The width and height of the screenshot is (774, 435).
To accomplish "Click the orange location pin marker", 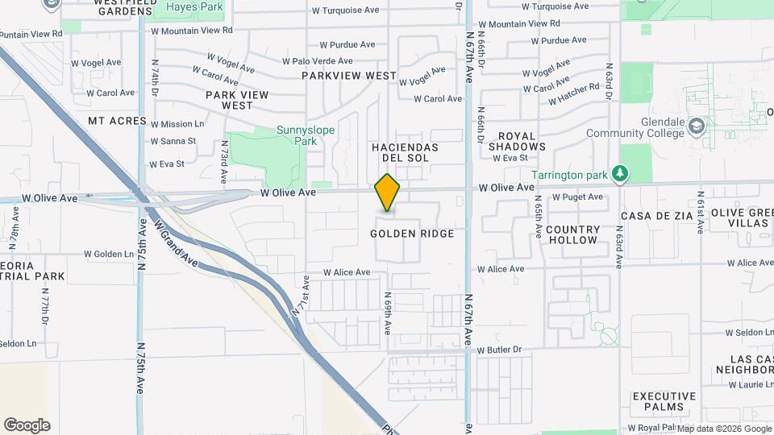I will (388, 193).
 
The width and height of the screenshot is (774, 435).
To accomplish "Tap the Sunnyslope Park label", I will (297, 135).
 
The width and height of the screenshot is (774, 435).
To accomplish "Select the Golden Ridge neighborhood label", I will (412, 234).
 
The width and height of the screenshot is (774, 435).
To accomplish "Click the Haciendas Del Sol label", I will (405, 153).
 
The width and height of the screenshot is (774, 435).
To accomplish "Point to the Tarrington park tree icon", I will (619, 173).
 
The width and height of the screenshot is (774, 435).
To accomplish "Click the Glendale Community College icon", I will (697, 126).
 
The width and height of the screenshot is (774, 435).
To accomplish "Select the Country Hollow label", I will (572, 234).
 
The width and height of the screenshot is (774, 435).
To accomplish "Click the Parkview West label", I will (349, 76).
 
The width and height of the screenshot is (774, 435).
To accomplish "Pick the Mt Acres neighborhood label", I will (118, 121).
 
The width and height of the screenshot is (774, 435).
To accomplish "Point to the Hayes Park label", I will (194, 6).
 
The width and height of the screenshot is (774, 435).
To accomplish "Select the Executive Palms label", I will (664, 402).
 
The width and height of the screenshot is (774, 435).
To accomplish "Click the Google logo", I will (27, 425).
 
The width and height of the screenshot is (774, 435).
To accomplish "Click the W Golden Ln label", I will (109, 254).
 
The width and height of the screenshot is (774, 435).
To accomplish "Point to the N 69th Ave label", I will (387, 313).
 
